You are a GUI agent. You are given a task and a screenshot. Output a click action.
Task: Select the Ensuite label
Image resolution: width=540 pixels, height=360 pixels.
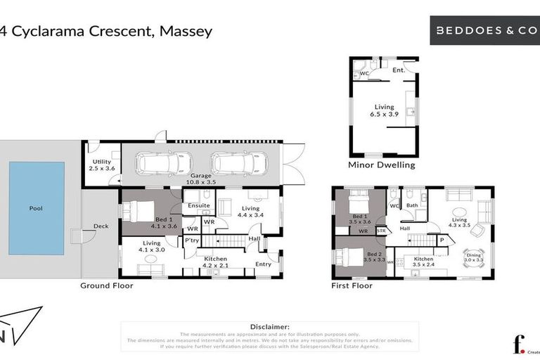coord(198,205)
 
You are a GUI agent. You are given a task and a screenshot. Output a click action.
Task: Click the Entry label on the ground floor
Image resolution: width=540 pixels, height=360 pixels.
coord(263,264)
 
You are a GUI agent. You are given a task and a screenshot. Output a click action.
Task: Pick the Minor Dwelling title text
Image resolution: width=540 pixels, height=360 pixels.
coord(382,165)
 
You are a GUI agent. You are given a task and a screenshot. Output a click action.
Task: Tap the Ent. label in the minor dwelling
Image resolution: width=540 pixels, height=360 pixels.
coord(398,70)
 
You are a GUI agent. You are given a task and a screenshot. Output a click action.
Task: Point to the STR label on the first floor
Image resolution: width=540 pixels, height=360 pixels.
coord(382,230)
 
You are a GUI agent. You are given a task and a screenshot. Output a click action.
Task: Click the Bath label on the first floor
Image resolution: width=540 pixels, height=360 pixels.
coord(412,205)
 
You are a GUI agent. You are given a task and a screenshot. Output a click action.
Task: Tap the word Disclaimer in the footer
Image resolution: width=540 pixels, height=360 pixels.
coord(269,327)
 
